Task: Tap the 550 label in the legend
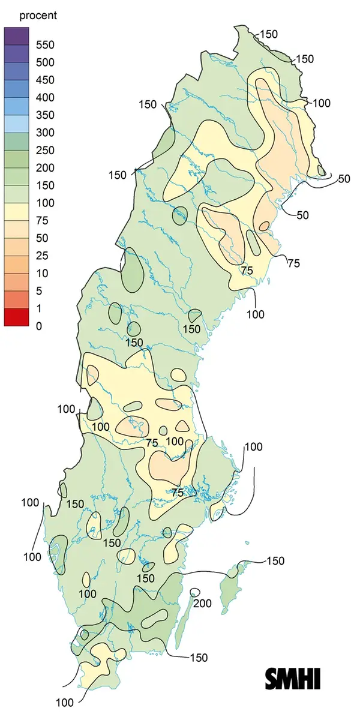(x=44, y=44)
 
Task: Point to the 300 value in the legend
(x=44, y=133)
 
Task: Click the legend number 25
(x=42, y=256)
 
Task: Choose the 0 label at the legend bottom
(x=39, y=326)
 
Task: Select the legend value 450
(x=44, y=80)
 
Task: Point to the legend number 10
(x=42, y=274)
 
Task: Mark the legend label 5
(x=39, y=291)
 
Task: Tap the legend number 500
(x=44, y=62)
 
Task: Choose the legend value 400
(x=44, y=97)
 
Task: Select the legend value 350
(x=44, y=115)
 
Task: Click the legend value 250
(x=44, y=150)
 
